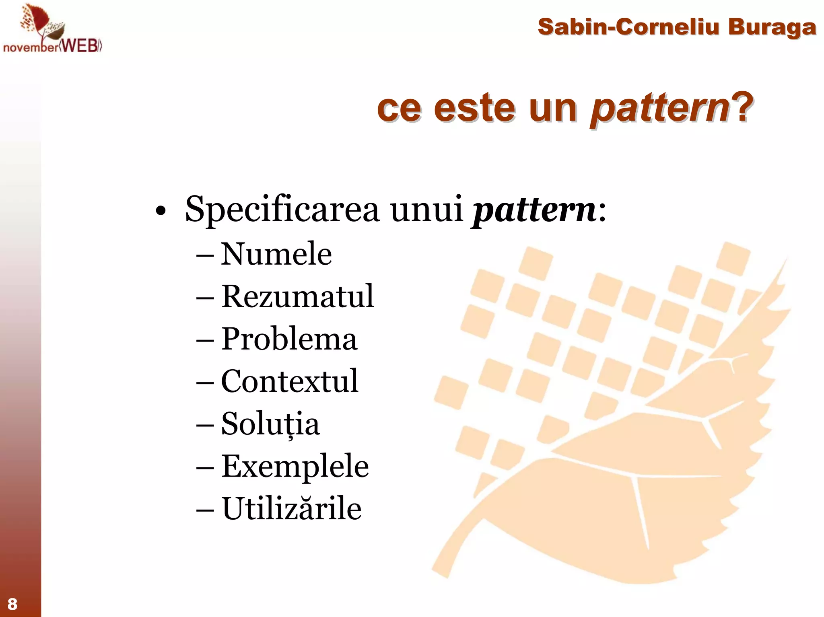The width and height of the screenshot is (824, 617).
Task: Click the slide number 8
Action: coord(12,604)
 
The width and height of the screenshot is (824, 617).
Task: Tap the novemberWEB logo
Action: coord(52,30)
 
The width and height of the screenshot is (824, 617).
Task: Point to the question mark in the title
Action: coord(743,107)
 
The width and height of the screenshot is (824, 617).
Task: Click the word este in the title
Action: coord(474,108)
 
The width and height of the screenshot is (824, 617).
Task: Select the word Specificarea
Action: coord(282,209)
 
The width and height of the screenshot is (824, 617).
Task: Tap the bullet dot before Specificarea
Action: coord(161,212)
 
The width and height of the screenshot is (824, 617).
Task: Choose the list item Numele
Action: coord(276,254)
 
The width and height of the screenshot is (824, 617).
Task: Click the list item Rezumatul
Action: coord(298,296)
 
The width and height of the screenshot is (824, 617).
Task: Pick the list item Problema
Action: coord(289,339)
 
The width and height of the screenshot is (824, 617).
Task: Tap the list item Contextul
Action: coord(289,381)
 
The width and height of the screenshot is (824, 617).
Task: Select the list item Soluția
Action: coord(270,424)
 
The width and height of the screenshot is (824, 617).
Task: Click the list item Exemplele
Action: coord(295,466)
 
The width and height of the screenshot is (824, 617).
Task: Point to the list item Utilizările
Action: coord(292,508)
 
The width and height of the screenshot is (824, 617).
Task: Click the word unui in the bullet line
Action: coord(426,209)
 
